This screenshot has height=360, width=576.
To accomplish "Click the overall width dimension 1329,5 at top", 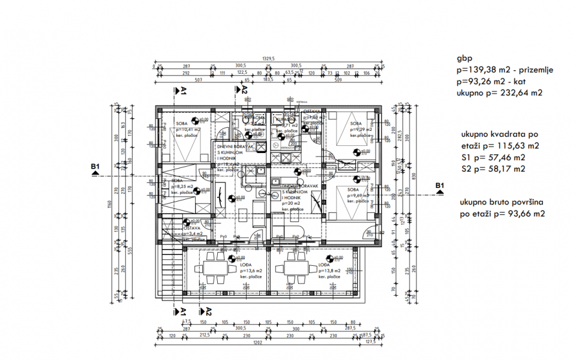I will click(x=269, y=58).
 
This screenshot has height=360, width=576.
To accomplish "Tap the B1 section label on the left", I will click(x=94, y=167).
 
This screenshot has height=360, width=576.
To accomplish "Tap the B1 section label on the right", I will click(x=440, y=185).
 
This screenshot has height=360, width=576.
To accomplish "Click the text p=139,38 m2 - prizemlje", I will click(x=505, y=70).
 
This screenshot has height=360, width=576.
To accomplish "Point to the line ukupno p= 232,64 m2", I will click(x=499, y=92).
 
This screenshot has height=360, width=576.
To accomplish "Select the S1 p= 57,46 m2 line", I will click(x=493, y=157).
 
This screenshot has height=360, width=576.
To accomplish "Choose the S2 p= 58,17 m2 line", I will click(x=493, y=169).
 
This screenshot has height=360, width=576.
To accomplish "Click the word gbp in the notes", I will click(x=464, y=58).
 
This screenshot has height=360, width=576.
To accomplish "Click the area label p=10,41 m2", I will click(x=187, y=130).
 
